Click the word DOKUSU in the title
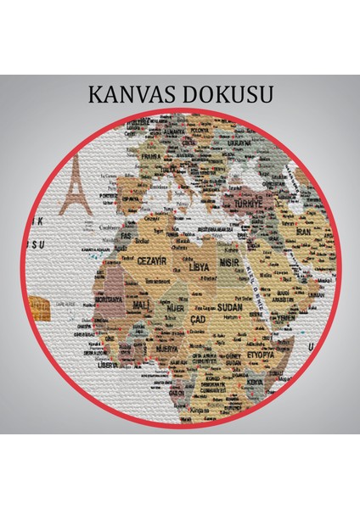[227, 94]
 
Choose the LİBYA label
[197, 266]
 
